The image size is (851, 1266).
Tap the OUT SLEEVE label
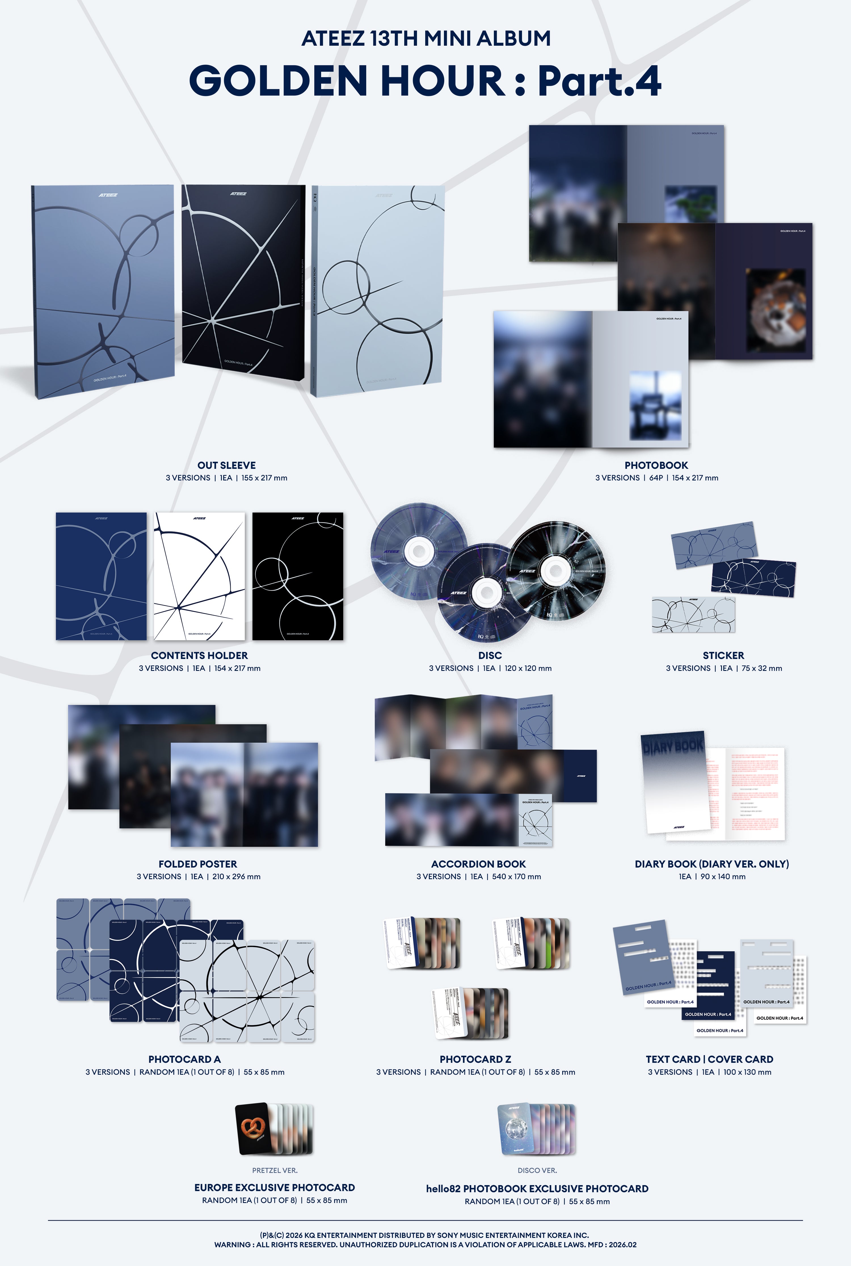coord(226,465)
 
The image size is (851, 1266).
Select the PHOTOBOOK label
coord(656,465)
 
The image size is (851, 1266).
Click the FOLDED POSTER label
coord(197,864)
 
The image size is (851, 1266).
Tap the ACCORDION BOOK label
coord(478,864)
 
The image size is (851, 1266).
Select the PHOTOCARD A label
coord(185,1059)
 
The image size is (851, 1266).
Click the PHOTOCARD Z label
coord(475,1059)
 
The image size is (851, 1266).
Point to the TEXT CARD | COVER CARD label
coord(709,1059)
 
